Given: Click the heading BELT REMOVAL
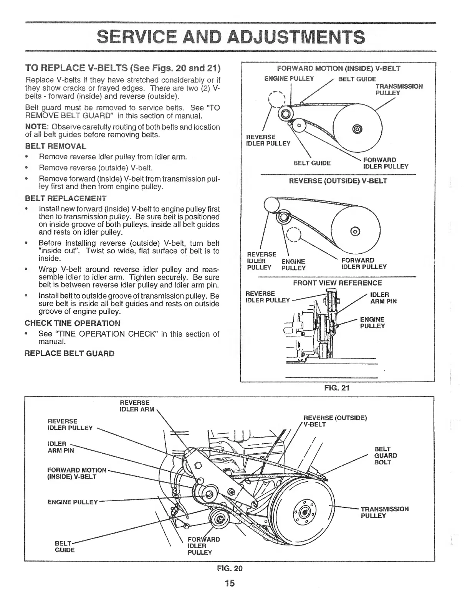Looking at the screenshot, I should [x=56, y=146].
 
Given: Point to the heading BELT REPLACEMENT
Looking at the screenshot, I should [x=66, y=198].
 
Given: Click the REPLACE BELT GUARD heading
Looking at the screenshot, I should [x=70, y=353].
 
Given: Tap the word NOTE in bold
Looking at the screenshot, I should [x=36, y=127].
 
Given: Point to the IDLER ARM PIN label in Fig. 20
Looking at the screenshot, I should [x=60, y=447].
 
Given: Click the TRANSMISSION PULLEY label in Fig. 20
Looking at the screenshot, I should [x=384, y=512].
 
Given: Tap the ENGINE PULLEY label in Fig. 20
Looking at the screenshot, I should [x=73, y=502].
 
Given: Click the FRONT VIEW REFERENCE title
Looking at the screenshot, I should [x=338, y=283].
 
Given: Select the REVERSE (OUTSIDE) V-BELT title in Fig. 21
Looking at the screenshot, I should [x=338, y=181].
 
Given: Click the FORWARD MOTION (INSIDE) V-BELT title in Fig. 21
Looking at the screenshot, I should [x=338, y=69].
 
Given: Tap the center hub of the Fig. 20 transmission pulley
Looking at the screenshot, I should [x=305, y=512].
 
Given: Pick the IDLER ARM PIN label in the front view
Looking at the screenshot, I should [x=383, y=298].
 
